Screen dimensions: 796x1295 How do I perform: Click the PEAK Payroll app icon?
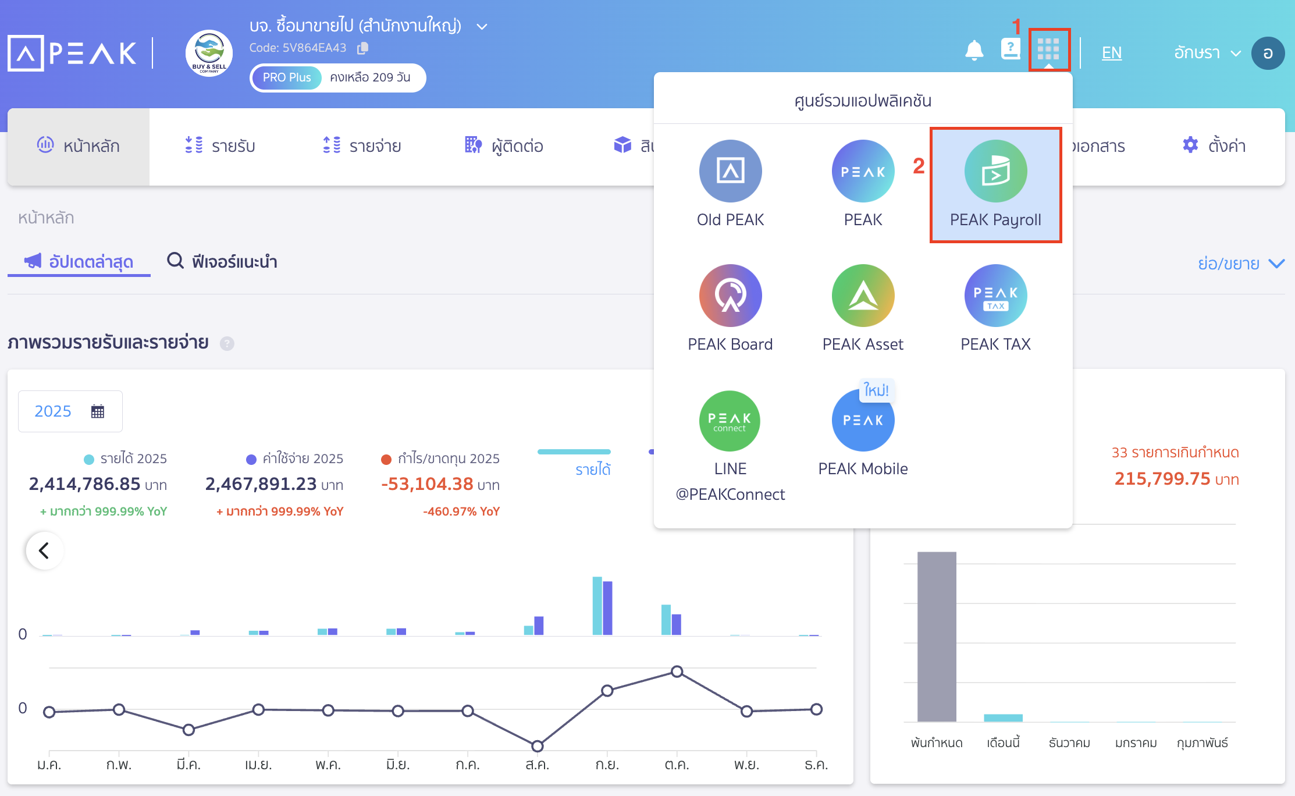995,171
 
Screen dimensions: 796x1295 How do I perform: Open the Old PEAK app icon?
730,171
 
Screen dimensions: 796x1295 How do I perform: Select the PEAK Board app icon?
730,296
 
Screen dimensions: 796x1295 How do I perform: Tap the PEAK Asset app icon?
863,296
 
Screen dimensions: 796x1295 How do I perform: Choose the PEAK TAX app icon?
995,296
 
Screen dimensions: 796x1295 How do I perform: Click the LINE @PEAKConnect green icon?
730,421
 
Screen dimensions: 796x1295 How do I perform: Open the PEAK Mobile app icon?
863,421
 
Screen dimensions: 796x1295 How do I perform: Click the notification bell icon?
974,51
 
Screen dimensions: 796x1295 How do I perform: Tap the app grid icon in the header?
1048,49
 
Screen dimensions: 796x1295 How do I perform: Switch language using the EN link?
1111,53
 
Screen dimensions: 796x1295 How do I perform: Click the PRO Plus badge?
287,77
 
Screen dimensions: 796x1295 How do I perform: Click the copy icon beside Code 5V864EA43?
362,48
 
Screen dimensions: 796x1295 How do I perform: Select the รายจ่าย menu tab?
362,145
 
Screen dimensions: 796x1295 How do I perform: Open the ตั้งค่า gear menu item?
1214,145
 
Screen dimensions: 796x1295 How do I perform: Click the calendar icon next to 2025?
98,411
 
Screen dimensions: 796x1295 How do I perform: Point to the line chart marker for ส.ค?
538,745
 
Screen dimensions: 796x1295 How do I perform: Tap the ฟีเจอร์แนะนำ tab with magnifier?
222,261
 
